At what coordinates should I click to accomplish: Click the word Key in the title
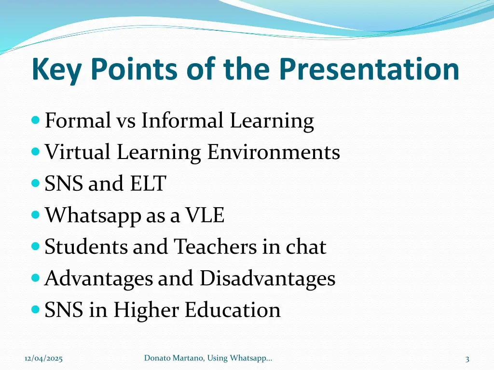[x=57, y=69]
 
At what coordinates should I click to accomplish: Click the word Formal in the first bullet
[x=78, y=120]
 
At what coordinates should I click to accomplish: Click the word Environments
[x=274, y=152]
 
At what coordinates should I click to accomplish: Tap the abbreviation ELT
[x=147, y=184]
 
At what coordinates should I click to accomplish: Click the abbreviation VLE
[x=205, y=215]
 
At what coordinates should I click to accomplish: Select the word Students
[x=86, y=247]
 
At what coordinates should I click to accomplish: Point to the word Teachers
[x=215, y=247]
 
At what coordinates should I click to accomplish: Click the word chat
[x=306, y=247]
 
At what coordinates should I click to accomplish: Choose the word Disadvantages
[x=268, y=278]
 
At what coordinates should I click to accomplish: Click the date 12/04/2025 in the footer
[x=43, y=358]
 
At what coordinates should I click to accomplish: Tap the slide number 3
[x=467, y=358]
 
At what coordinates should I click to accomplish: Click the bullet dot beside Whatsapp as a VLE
[x=35, y=215]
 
